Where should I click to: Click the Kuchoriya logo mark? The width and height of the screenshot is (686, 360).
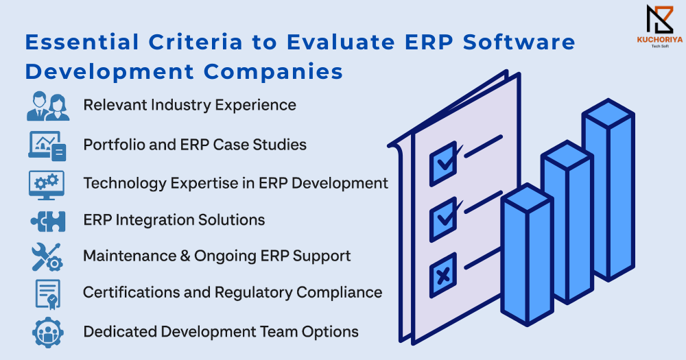(660, 20)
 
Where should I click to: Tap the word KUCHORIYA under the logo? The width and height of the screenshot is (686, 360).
(660, 40)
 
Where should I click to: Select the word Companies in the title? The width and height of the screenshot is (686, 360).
(274, 72)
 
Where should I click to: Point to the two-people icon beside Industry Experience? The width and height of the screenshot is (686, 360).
(48, 106)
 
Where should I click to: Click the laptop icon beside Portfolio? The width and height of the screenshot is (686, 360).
(47, 145)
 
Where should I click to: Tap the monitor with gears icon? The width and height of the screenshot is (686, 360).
(47, 185)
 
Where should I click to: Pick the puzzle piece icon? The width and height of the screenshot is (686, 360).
(48, 221)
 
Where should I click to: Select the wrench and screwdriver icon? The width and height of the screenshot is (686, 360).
(47, 257)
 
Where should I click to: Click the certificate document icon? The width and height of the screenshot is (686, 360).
(48, 294)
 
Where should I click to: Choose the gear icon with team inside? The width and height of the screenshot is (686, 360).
(48, 333)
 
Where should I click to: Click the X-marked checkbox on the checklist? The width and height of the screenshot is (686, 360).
(443, 275)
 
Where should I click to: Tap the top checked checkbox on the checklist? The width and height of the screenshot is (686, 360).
(444, 164)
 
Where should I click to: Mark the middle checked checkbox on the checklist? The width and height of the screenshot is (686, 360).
(444, 219)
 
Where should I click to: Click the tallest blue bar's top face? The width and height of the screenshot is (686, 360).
(608, 114)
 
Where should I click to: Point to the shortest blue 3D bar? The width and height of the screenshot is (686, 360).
(527, 254)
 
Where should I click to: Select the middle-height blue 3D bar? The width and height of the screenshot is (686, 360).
(567, 222)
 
